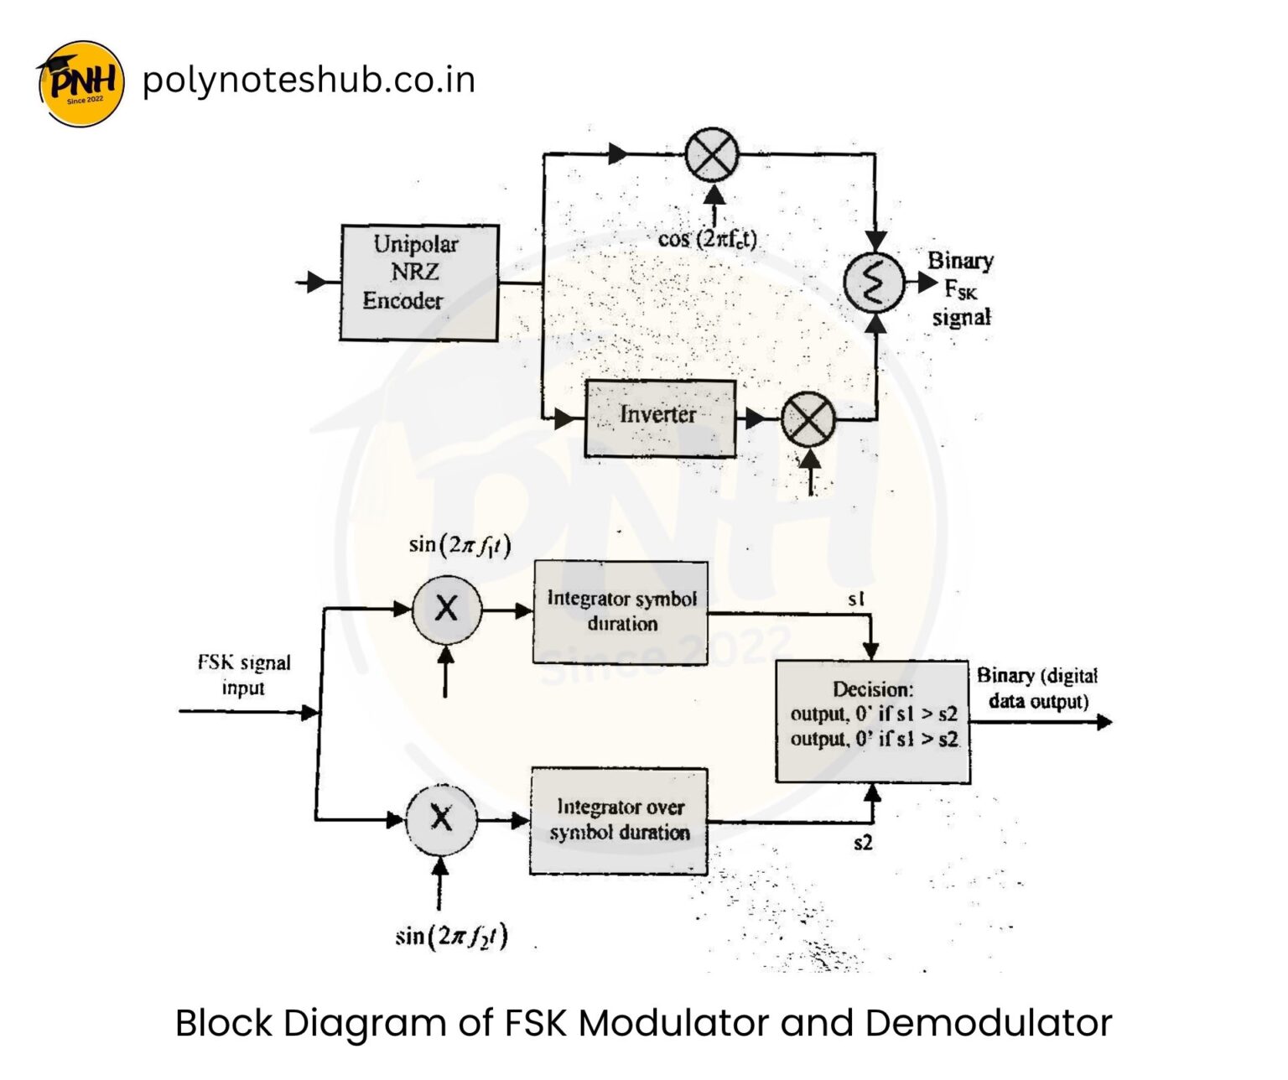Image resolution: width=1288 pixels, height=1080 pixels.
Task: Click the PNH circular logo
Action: click(81, 83)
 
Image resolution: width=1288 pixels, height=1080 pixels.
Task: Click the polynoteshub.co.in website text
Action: click(309, 80)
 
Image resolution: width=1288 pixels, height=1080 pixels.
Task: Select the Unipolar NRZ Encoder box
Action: click(419, 282)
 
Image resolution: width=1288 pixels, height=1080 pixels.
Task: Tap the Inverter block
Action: click(660, 418)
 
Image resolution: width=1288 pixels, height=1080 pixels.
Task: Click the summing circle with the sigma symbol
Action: click(874, 283)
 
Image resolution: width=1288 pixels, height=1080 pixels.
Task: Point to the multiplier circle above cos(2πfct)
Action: click(712, 155)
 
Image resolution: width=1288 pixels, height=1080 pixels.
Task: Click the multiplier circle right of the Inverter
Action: click(808, 419)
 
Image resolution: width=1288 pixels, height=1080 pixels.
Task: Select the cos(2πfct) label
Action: click(707, 239)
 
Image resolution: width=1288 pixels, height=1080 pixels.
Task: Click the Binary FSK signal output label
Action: click(960, 288)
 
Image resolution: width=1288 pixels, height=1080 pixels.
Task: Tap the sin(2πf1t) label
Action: click(460, 545)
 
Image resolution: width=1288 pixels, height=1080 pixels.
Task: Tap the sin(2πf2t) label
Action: click(451, 936)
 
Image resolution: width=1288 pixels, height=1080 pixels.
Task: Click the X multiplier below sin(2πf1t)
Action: click(447, 610)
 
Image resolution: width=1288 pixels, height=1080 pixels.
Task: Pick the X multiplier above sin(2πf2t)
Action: click(441, 819)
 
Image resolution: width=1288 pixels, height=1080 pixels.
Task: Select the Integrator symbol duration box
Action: click(621, 612)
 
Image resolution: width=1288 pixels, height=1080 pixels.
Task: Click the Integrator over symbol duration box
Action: click(619, 820)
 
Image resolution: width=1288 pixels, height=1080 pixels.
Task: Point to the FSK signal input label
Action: click(243, 675)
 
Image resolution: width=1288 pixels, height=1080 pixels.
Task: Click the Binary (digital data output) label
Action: click(1037, 688)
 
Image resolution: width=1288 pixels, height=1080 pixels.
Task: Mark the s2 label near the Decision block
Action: click(862, 843)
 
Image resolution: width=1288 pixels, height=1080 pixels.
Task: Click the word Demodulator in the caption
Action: click(988, 1024)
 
